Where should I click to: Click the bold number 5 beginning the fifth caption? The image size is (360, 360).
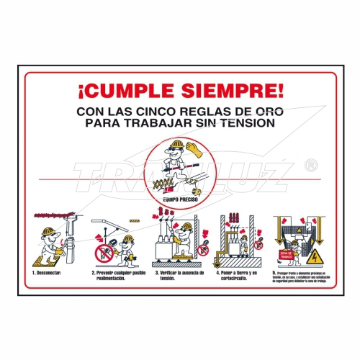pos(274,273)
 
